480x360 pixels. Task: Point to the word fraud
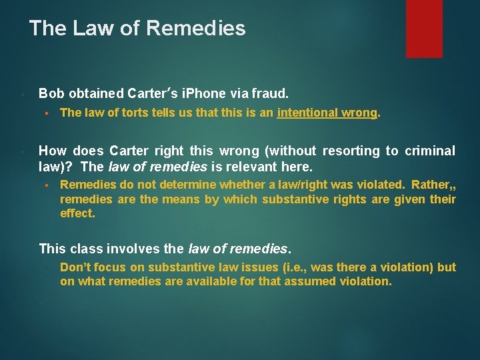273,93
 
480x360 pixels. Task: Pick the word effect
77,214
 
